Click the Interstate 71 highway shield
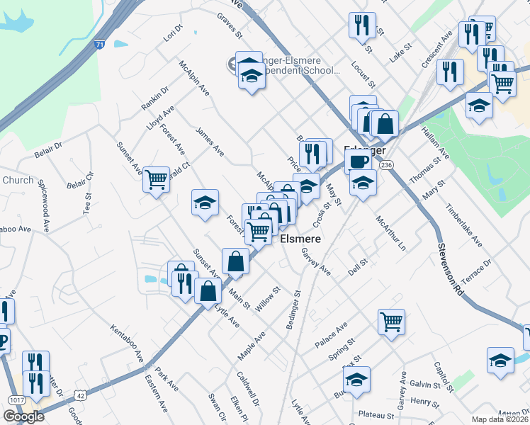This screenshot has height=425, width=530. tap(101, 44)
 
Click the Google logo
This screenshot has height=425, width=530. tap(23, 416)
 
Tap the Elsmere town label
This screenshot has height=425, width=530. tap(301, 239)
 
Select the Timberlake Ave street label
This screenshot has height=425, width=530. tap(463, 227)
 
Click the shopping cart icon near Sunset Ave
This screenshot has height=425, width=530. tap(156, 178)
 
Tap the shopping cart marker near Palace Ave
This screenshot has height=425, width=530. tap(391, 322)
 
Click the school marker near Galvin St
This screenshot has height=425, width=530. tap(500, 359)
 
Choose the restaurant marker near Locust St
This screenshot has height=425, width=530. tap(362, 25)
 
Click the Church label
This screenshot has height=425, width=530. tap(17, 180)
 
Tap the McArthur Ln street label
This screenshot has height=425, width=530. tap(391, 233)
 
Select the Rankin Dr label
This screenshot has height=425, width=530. tap(154, 98)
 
